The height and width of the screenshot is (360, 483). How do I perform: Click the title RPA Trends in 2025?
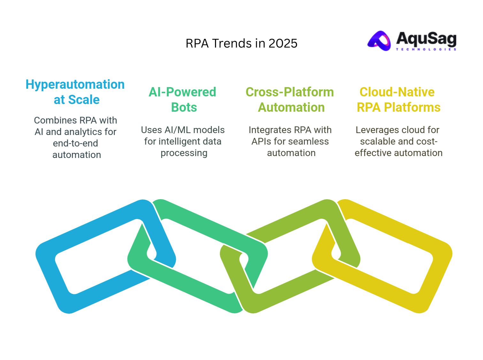click(x=241, y=43)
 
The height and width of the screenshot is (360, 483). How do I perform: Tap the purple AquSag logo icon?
click(x=379, y=41)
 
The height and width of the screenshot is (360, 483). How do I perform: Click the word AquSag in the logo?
click(x=426, y=39)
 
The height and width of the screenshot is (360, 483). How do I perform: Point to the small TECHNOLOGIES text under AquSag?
click(x=426, y=49)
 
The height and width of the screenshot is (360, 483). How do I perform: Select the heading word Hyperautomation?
click(x=75, y=85)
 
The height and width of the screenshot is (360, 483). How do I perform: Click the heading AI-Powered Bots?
click(x=183, y=100)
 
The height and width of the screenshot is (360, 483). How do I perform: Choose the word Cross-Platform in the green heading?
click(x=290, y=92)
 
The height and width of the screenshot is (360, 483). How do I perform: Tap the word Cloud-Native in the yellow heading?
click(x=397, y=92)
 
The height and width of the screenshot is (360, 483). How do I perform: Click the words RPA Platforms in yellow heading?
click(x=399, y=108)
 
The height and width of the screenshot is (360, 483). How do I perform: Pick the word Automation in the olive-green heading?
click(x=291, y=108)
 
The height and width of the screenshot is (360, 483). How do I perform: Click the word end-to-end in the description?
click(x=75, y=143)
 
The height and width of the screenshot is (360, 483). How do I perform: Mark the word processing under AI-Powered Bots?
click(x=184, y=153)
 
